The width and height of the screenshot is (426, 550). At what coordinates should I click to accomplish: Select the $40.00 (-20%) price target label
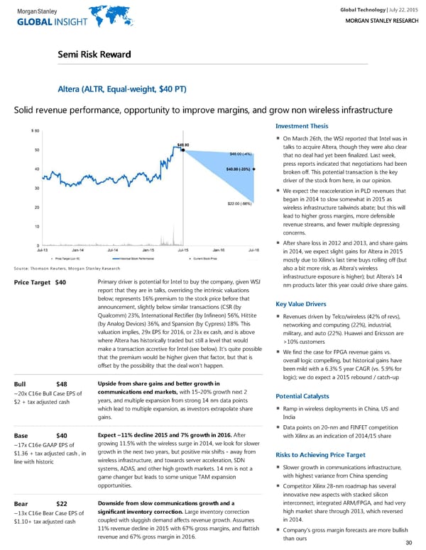tap(240, 169)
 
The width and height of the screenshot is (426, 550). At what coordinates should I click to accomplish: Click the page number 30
tap(408, 543)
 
